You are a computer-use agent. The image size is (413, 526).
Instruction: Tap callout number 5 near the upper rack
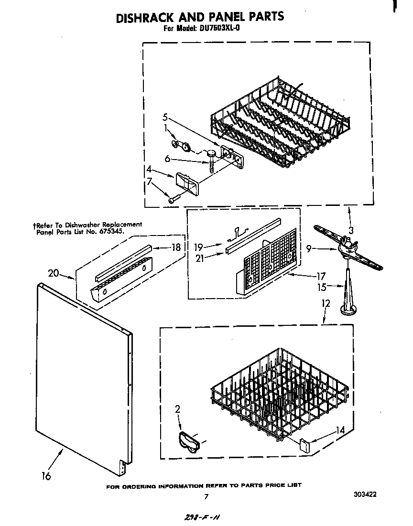point(165,117)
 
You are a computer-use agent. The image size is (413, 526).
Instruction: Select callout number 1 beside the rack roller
point(166,128)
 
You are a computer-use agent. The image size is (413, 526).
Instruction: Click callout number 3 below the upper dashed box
point(351,230)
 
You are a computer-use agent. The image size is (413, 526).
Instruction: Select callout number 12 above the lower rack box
point(326,303)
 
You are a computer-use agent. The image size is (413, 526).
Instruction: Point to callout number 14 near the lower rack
point(340,430)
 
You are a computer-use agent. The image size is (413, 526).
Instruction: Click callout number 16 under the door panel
point(46,475)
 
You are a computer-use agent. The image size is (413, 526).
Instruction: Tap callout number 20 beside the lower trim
point(54,273)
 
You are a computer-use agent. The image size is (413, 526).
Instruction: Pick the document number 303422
point(365,494)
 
